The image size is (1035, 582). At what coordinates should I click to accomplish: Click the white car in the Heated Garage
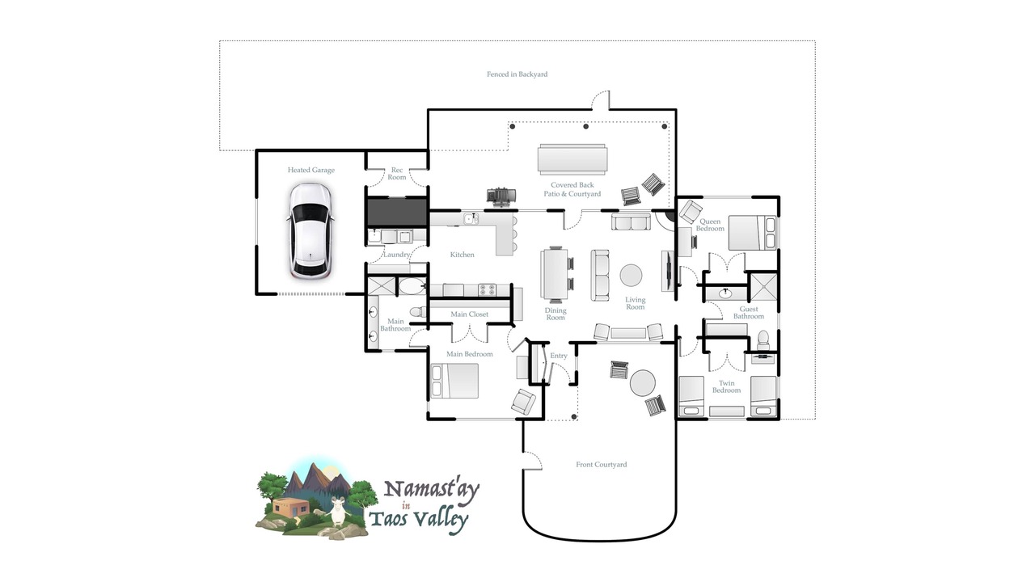coord(310,231)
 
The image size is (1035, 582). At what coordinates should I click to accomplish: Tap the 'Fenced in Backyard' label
coord(517,74)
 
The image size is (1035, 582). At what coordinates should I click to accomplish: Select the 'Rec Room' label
coord(397,174)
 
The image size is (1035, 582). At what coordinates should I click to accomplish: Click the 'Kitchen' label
coord(462,255)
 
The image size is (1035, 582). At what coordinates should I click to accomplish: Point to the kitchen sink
coord(471,218)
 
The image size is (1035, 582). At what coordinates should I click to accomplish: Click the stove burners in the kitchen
coord(487,289)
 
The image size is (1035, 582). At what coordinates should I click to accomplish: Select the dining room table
coord(555,274)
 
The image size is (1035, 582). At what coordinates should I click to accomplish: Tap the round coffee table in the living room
coord(631,276)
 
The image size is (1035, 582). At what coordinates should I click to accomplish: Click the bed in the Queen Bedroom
coord(752,233)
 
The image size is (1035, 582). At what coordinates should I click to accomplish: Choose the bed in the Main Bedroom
coord(454,381)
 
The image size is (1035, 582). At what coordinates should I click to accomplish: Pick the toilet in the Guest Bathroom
coord(763,339)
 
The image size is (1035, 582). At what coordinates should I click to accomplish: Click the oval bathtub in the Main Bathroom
coord(412,286)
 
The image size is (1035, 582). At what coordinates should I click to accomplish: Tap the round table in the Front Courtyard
coord(643,383)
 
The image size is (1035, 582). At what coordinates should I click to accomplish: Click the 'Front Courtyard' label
coord(601,465)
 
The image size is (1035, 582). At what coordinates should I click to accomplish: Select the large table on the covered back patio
coord(572,159)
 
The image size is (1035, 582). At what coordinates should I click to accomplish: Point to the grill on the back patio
coord(501,196)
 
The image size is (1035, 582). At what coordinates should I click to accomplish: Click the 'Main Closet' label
coord(470,314)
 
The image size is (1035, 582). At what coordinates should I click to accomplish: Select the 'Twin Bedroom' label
coord(726,386)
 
